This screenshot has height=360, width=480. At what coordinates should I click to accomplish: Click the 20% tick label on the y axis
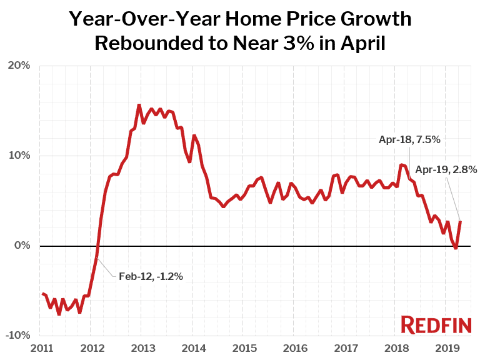[x=18, y=66]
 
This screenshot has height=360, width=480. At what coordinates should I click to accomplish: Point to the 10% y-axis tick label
[x=18, y=156]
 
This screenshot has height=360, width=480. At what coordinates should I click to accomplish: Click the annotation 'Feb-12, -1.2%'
[x=151, y=276]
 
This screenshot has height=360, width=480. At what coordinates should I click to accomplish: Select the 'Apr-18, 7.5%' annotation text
[x=409, y=140]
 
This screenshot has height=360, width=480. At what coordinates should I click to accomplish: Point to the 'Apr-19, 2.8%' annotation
[x=446, y=169]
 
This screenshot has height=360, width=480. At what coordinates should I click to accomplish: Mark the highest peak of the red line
[x=139, y=105]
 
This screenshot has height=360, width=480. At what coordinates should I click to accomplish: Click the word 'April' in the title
[x=359, y=43]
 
